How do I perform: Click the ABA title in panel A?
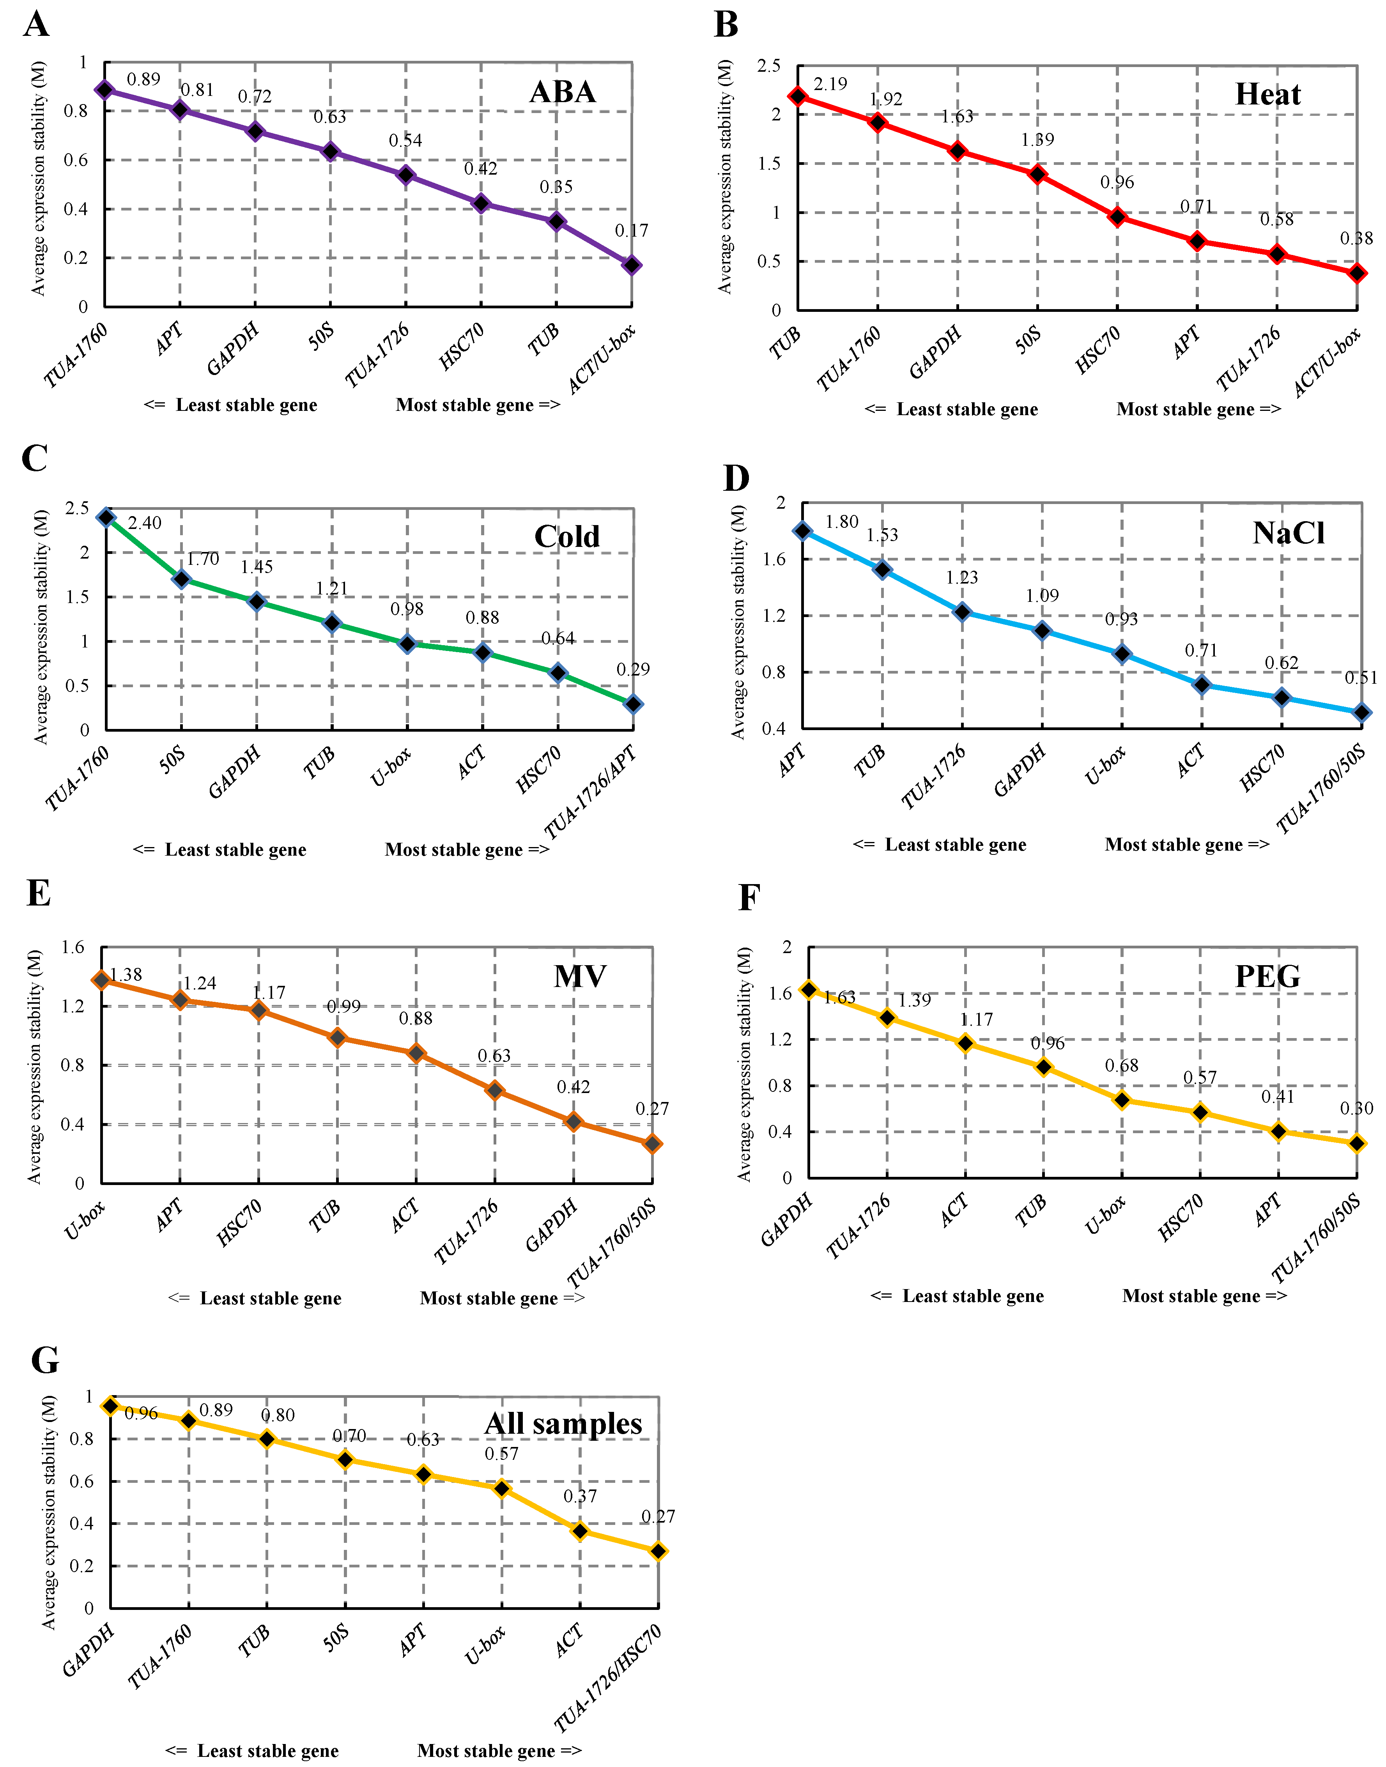[562, 92]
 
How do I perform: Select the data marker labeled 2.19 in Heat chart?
[798, 97]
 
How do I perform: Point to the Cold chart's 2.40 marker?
[106, 518]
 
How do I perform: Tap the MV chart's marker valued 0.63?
[494, 1090]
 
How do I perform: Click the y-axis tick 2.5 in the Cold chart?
[77, 509]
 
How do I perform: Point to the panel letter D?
[736, 479]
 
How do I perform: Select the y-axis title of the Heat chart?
[725, 177]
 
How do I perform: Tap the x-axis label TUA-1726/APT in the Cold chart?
[590, 792]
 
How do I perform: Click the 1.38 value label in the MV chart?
[126, 975]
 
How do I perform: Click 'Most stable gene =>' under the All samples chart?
[499, 1750]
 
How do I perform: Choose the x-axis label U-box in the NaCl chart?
[1105, 765]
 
